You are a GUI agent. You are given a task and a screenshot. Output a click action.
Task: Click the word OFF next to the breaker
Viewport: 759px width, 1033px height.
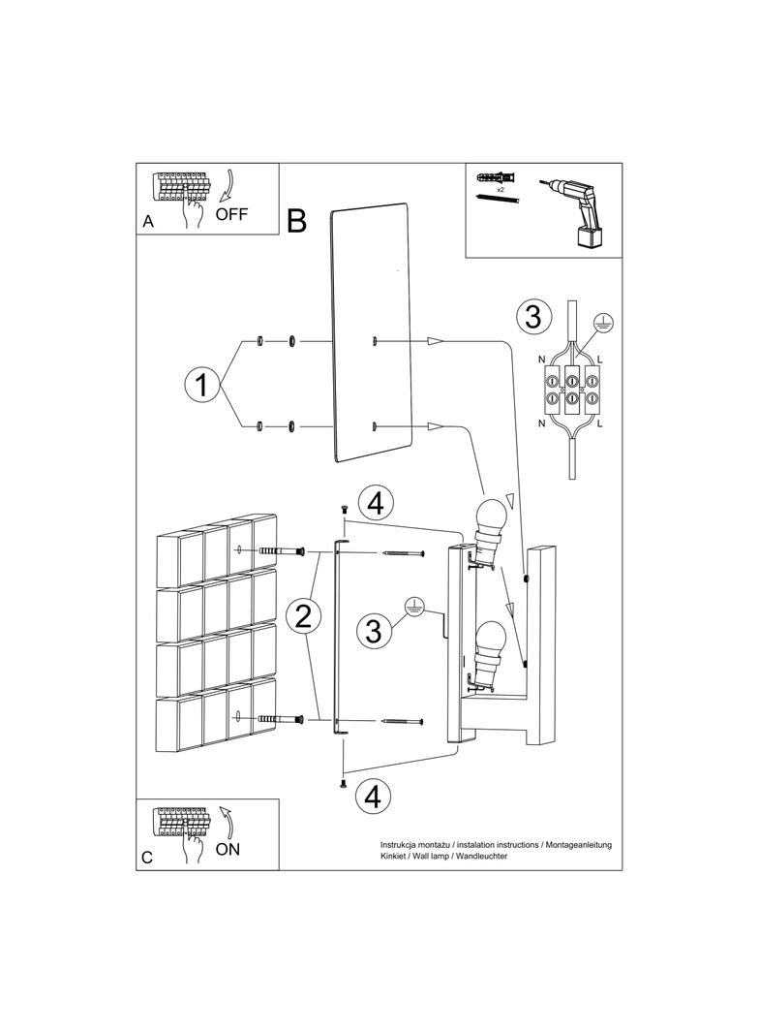tap(231, 214)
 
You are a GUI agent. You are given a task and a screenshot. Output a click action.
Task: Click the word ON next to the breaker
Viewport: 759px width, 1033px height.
tap(228, 849)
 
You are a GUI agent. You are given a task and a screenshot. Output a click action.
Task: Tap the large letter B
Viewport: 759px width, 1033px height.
tap(297, 222)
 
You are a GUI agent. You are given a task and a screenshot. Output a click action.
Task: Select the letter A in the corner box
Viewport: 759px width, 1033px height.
tap(148, 222)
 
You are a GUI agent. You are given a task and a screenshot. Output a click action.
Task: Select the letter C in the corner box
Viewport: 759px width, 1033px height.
tap(147, 858)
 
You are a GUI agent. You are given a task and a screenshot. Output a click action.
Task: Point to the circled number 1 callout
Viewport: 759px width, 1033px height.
tap(201, 385)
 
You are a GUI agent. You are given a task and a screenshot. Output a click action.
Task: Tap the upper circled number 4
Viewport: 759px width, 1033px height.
tap(377, 504)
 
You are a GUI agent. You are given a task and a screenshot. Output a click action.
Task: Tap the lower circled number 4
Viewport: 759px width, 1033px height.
tap(374, 796)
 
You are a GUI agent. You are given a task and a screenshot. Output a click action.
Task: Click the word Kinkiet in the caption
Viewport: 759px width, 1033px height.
tap(397, 858)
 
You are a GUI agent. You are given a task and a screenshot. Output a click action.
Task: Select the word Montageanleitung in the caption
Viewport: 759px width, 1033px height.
tap(579, 846)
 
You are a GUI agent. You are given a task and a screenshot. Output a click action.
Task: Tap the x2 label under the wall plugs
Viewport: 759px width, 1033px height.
tap(501, 191)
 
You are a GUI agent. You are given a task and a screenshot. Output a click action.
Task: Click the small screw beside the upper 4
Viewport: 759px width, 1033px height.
tap(343, 509)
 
